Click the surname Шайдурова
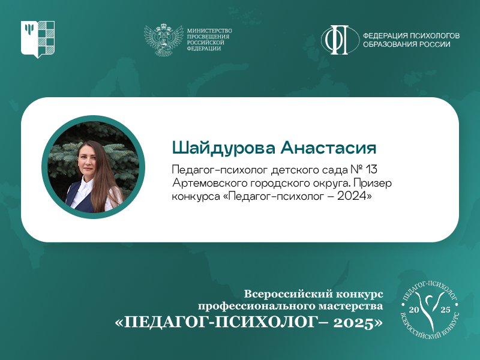224,148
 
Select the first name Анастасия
328,148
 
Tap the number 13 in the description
371,169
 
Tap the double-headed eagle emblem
163,40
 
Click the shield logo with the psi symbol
38,39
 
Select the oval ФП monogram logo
340,40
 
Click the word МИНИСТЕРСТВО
209,31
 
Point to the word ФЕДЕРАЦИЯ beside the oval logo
385,36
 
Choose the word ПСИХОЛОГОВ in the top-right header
434,36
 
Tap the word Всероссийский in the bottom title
286,294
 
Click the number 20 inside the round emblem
413,310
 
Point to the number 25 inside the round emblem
445,310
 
